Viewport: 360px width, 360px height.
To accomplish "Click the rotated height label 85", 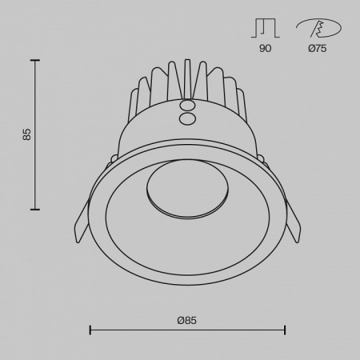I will (x=26, y=134).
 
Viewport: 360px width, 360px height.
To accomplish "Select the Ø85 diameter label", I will (x=186, y=319).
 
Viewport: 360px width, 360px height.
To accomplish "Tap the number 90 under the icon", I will (x=265, y=49).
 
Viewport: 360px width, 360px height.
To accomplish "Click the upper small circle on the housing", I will (x=190, y=105).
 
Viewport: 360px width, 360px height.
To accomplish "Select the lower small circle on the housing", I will (x=190, y=118).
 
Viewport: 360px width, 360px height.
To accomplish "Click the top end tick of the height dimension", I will (x=35, y=59).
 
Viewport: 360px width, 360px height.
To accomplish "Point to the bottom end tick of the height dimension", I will (x=35, y=210).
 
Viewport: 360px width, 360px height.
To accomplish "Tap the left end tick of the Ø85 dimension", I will (x=90, y=329).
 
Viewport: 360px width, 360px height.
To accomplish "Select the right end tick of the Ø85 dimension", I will (x=285, y=329).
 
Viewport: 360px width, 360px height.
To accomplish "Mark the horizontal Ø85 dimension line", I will (x=186, y=329).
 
